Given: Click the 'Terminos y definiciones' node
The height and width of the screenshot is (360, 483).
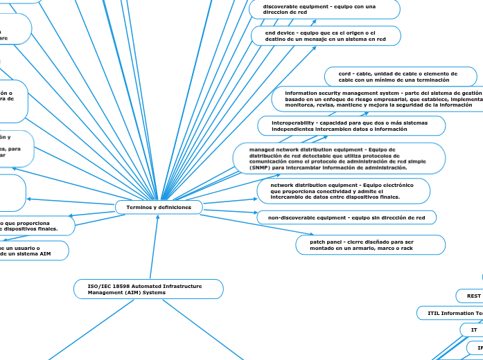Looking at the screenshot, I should [159, 207].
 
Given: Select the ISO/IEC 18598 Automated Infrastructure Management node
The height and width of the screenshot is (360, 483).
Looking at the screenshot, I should [148, 289].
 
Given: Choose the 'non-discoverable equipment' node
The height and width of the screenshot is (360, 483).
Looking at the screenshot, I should [346, 217].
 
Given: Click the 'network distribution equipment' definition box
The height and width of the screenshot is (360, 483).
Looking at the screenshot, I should [343, 192].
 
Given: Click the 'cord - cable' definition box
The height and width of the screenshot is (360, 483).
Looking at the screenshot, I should [401, 76].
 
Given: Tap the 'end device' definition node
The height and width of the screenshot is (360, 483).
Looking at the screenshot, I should [326, 36].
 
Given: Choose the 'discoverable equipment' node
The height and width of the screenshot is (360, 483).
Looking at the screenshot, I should [322, 9].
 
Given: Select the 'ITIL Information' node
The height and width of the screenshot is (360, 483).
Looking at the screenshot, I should [451, 313].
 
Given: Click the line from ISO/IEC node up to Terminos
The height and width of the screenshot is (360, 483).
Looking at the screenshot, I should [154, 246].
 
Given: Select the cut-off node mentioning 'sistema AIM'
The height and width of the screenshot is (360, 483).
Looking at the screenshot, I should [35, 251].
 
